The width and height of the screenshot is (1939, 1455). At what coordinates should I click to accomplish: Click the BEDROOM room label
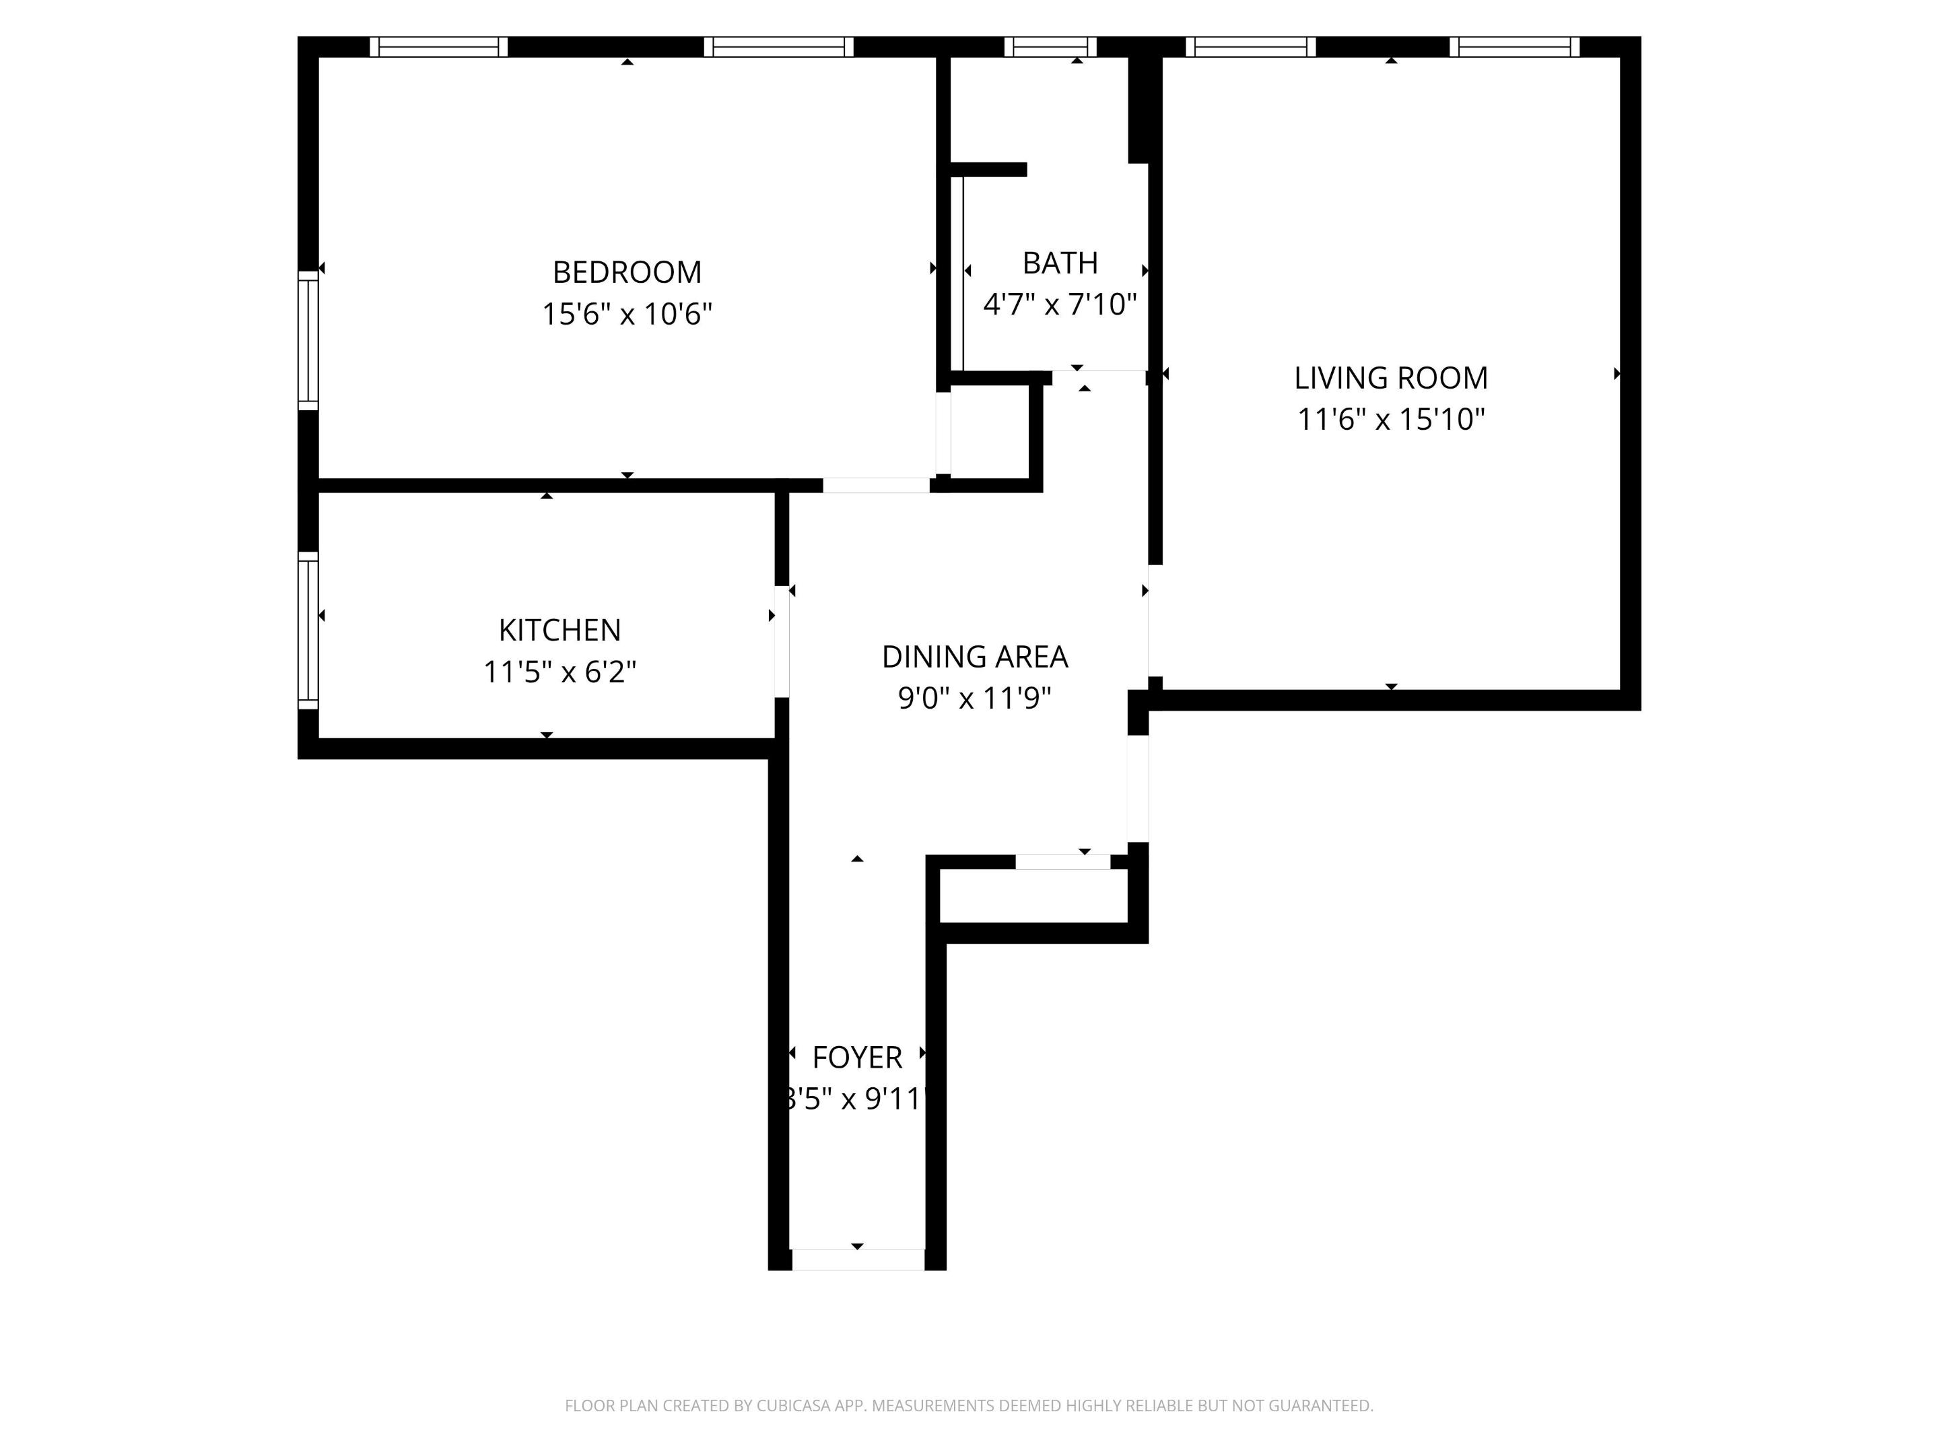pyautogui.click(x=627, y=272)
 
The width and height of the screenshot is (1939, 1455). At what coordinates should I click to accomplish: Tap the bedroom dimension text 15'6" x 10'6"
pyautogui.click(x=627, y=314)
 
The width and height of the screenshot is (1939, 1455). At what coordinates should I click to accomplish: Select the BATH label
pyautogui.click(x=1060, y=263)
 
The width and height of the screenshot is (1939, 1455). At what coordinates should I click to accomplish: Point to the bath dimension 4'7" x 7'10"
pyautogui.click(x=1060, y=304)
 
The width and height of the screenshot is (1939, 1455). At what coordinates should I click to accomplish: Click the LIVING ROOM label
pyautogui.click(x=1390, y=378)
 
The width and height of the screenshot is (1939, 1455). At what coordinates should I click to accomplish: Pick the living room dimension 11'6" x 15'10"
pyautogui.click(x=1390, y=419)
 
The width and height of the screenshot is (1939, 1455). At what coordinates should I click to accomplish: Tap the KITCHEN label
pyautogui.click(x=559, y=630)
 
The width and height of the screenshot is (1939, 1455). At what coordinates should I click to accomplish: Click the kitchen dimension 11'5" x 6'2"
pyautogui.click(x=559, y=672)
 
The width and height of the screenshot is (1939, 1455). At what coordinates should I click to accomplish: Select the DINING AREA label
pyautogui.click(x=974, y=656)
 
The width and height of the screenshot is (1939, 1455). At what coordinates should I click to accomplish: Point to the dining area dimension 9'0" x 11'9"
pyautogui.click(x=974, y=698)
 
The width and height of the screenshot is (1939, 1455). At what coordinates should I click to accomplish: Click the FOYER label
pyautogui.click(x=856, y=1057)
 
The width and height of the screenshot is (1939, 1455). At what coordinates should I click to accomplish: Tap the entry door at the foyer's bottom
pyautogui.click(x=857, y=1260)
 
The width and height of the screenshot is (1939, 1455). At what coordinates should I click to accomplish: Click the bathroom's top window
pyautogui.click(x=1050, y=46)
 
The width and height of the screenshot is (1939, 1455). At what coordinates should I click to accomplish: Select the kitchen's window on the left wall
pyautogui.click(x=308, y=630)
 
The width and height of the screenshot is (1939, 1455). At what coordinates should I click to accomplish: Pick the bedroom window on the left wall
pyautogui.click(x=308, y=340)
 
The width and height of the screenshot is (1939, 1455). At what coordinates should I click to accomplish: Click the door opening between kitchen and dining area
pyautogui.click(x=781, y=641)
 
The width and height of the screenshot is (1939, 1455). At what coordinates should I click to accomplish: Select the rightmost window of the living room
pyautogui.click(x=1514, y=46)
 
